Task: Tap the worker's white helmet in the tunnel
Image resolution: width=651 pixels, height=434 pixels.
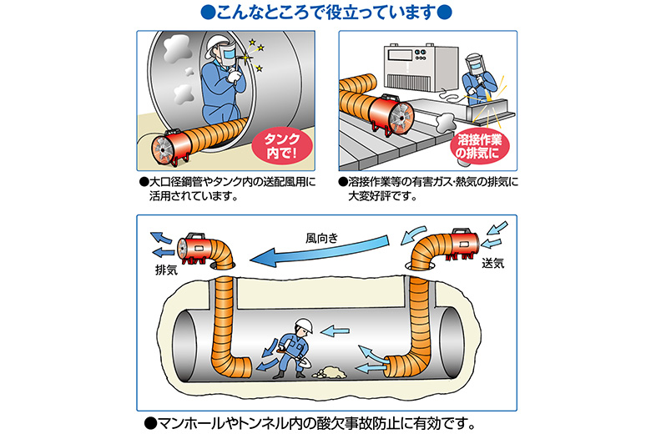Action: (304, 326)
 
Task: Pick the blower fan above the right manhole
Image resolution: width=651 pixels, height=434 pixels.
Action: (462, 240)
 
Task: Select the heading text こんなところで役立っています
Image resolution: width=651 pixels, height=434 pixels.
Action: (325, 13)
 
